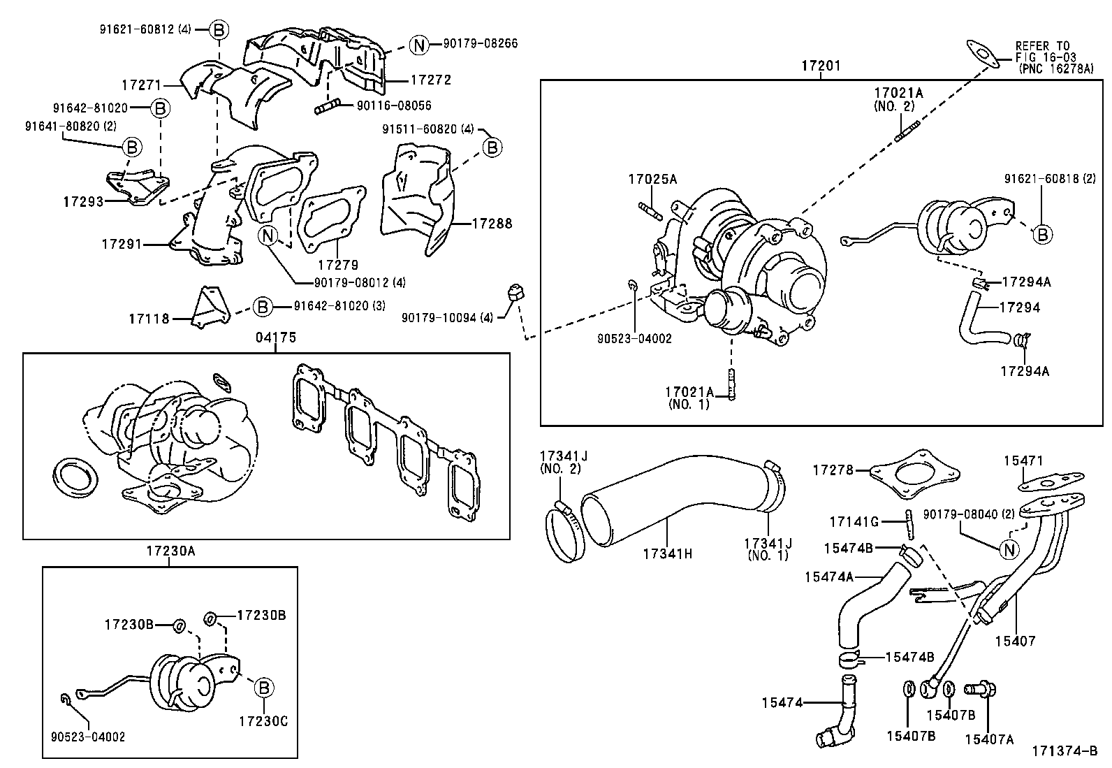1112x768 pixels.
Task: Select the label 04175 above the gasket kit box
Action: coord(275,338)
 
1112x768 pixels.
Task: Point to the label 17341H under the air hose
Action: coord(667,553)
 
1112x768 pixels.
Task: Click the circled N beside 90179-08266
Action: coord(418,45)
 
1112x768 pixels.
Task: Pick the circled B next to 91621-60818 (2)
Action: coord(1042,235)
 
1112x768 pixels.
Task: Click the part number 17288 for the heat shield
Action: coord(492,224)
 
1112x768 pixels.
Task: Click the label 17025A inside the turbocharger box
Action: coord(652,179)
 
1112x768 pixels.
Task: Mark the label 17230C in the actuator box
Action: coord(263,720)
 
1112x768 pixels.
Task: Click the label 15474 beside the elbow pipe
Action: coord(782,702)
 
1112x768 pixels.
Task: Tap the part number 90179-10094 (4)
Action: coord(447,317)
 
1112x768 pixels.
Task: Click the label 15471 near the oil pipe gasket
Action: coord(1023,461)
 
